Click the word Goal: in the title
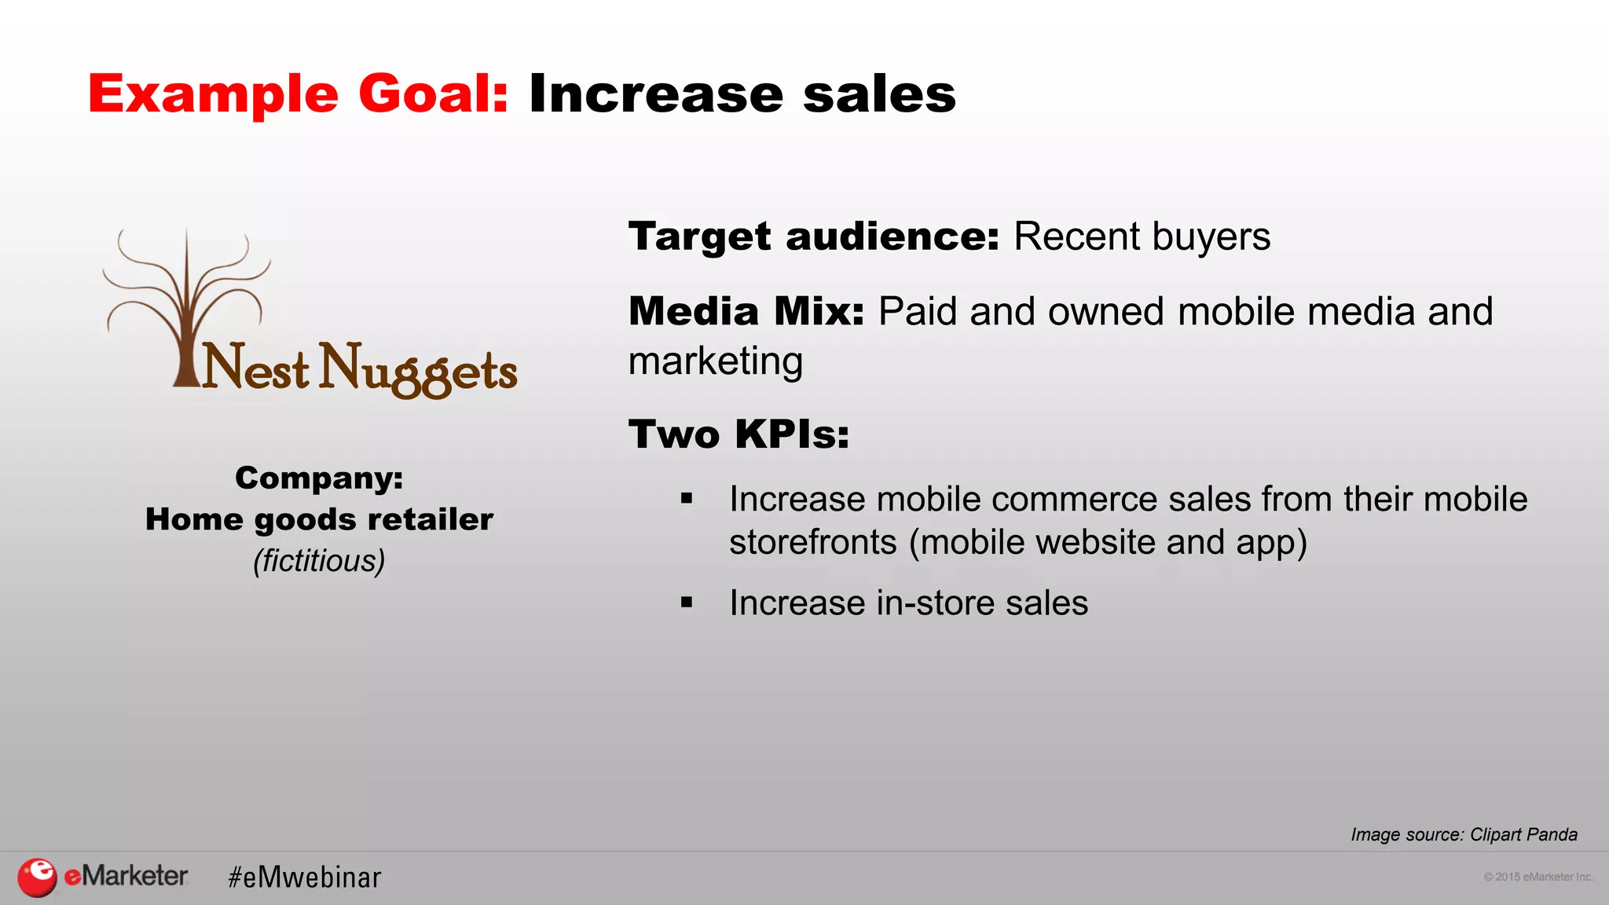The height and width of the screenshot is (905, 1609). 433,94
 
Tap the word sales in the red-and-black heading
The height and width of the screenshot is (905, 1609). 879,94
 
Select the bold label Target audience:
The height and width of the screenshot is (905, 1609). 814,236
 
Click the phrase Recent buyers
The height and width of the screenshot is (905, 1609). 1142,236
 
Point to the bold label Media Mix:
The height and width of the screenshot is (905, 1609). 746,311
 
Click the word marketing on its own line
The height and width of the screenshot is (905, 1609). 716,361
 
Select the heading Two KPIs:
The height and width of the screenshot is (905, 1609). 739,434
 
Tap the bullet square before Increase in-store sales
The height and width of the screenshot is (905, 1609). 687,603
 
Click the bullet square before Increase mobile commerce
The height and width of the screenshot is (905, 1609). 687,498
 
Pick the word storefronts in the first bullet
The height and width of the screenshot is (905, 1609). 812,542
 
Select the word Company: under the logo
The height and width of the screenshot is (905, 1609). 319,478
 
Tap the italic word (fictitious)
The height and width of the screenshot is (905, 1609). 319,561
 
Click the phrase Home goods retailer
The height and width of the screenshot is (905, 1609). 319,519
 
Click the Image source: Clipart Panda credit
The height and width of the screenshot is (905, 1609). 1464,834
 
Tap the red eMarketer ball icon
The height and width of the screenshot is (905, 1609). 37,877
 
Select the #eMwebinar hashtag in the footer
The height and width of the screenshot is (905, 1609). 305,878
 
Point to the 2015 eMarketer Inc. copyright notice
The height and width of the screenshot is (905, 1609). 1538,877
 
